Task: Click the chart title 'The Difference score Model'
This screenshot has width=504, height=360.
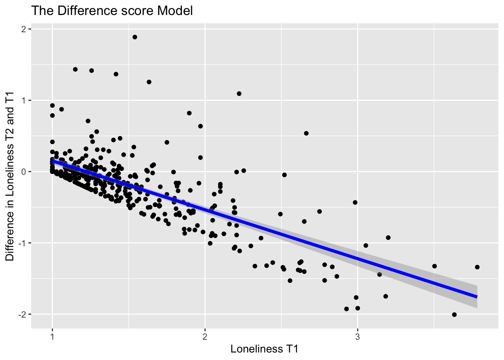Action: (112, 11)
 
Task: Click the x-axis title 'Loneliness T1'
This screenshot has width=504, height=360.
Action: (264, 349)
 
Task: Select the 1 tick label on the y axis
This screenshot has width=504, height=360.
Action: (25, 100)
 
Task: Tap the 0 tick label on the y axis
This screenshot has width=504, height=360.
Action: (25, 172)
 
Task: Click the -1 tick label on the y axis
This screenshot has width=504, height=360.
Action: (23, 243)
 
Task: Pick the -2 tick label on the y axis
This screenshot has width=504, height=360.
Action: (23, 314)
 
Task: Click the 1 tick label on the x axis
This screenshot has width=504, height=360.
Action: (52, 337)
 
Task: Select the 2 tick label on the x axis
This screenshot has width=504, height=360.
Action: (205, 337)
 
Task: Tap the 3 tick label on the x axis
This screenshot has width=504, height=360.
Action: (358, 337)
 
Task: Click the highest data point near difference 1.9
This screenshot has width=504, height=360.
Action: (135, 37)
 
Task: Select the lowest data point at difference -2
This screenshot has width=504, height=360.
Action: (454, 315)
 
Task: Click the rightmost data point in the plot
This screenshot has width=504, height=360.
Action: (477, 267)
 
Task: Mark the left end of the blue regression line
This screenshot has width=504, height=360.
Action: (53, 161)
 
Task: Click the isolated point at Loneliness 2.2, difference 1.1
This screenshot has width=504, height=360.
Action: (239, 94)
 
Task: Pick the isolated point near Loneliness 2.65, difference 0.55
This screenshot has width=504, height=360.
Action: (306, 133)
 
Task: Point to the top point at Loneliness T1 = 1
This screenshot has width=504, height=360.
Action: (52, 105)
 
